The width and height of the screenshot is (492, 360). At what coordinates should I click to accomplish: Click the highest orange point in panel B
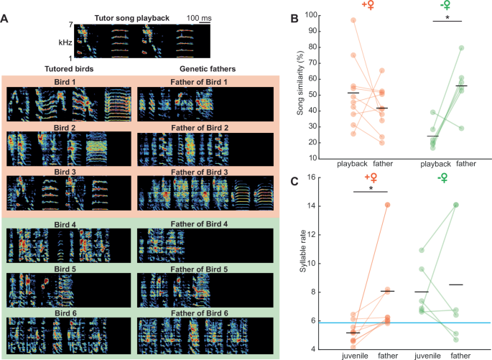332,20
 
